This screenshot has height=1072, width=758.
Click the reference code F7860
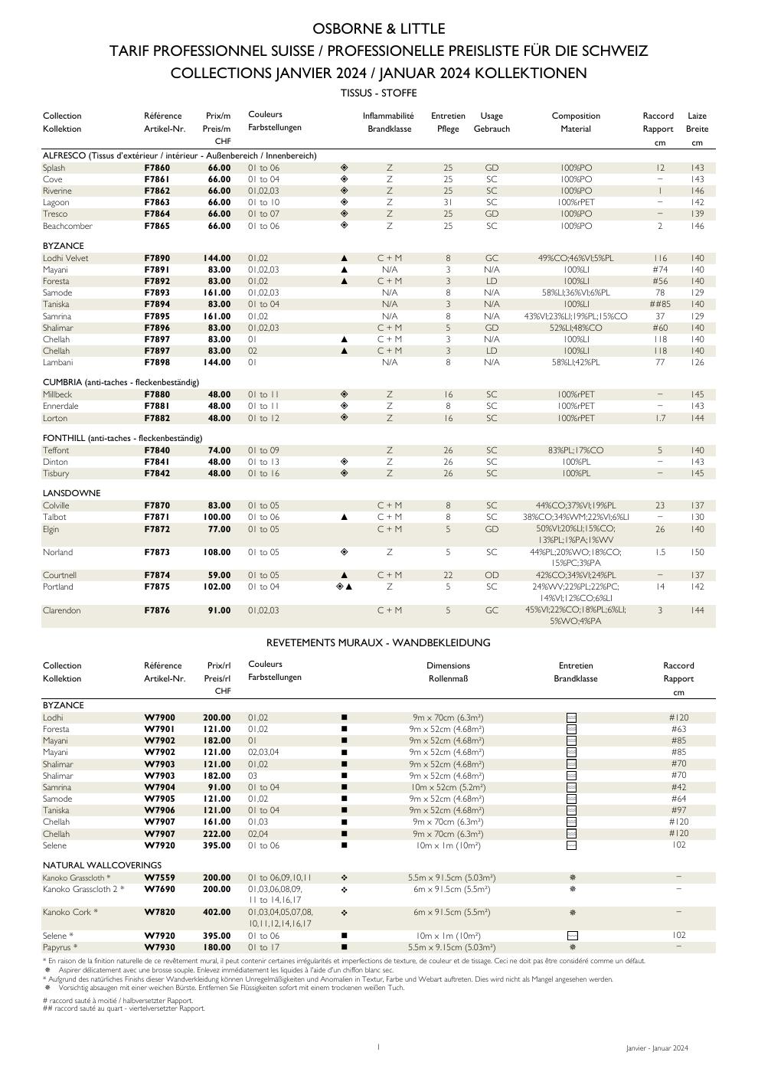[x=157, y=168]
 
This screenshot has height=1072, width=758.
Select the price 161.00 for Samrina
[x=217, y=316]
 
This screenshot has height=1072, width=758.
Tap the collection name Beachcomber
[x=67, y=226]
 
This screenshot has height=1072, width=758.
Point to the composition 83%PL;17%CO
[x=575, y=450]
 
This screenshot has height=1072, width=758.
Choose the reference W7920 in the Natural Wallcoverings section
[x=159, y=936]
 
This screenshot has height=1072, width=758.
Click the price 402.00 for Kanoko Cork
[x=217, y=913]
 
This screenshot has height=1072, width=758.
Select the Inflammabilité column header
[x=388, y=116]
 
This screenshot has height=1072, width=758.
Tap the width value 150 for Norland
[x=697, y=552]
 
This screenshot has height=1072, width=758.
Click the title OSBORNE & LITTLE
[x=378, y=29]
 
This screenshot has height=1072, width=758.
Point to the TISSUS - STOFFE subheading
[x=378, y=93]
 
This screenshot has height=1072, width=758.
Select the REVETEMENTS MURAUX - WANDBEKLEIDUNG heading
[x=378, y=642]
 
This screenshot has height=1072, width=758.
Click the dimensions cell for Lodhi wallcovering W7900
[x=448, y=717]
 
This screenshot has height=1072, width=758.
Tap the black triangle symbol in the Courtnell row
[x=344, y=575]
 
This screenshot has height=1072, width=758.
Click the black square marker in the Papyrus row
[x=344, y=947]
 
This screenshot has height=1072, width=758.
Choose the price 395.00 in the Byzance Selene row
[x=217, y=845]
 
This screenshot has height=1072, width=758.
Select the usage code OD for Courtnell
[x=492, y=575]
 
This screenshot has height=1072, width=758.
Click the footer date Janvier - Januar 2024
[x=656, y=1048]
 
